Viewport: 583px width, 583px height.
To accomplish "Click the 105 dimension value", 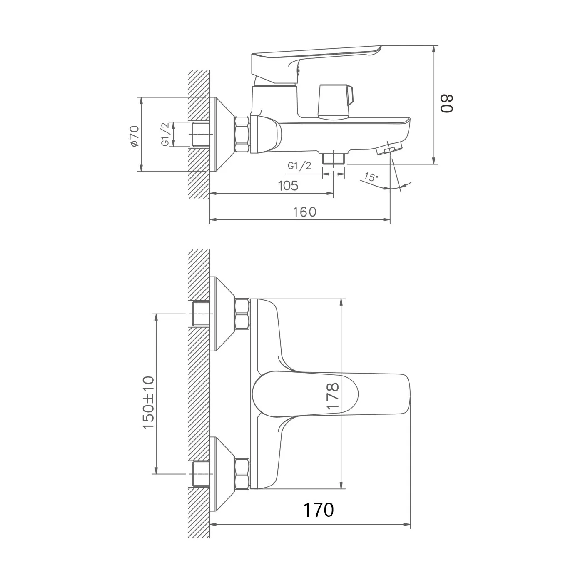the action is (288, 185).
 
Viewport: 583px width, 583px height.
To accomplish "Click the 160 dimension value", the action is (304, 212).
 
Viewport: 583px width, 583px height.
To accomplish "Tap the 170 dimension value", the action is (318, 510).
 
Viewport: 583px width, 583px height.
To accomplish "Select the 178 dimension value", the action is (333, 396).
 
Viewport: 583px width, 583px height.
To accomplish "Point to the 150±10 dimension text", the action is (148, 402).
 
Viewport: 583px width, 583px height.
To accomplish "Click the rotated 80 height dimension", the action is (446, 103).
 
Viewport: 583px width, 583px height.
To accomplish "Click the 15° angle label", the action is (371, 177).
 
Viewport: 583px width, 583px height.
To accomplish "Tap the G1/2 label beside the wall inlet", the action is (165, 135).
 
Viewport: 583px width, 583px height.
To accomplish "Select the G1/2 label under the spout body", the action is (299, 166).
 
